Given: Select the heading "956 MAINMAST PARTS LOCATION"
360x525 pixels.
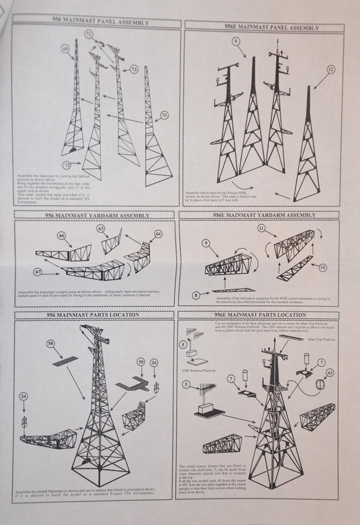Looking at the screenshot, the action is click(x=93, y=315).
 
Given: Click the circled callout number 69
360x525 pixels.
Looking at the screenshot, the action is click(x=65, y=49).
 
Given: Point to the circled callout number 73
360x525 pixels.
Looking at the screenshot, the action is click(x=134, y=69).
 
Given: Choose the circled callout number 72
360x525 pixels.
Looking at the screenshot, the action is click(x=67, y=165).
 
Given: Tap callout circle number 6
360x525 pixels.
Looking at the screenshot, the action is click(x=235, y=41).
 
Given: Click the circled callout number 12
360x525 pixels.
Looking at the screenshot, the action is click(x=330, y=69).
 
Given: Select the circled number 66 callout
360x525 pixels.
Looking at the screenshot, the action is click(x=62, y=235).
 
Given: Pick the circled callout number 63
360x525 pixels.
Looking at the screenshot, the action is click(x=101, y=229).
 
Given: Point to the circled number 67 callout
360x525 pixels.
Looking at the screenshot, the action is click(x=38, y=271).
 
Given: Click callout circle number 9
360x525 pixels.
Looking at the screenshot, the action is click(x=206, y=244).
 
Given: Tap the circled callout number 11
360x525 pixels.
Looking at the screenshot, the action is click(x=262, y=228).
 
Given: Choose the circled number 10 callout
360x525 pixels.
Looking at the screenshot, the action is click(x=323, y=267).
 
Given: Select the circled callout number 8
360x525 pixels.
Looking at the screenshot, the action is click(x=196, y=295).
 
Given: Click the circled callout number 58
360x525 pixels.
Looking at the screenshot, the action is click(x=51, y=344).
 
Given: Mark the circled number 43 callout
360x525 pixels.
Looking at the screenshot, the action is click(x=330, y=373).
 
